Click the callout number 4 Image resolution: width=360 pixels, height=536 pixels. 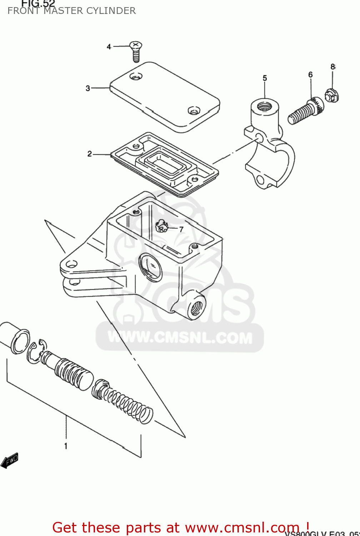point(109,47)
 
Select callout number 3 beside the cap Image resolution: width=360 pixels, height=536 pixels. point(88,88)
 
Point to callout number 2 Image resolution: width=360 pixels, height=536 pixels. point(90,154)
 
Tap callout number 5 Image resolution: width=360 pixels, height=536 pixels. point(265,78)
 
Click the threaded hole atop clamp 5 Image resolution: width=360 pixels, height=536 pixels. point(265,106)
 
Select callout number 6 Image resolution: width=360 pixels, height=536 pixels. point(310,75)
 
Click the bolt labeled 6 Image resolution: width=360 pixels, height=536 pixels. point(305,110)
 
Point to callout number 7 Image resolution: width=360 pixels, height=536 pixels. point(181,229)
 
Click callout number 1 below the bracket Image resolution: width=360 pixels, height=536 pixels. point(66,446)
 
